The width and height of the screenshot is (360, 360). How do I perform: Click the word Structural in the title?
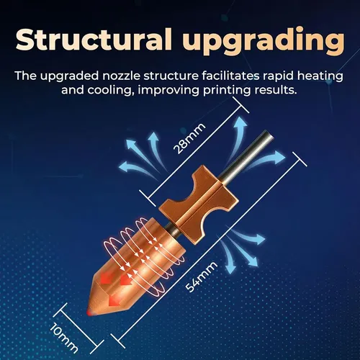point(94,39)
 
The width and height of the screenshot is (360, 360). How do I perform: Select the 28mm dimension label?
point(189,138)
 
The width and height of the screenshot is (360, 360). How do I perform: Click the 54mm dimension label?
point(202,277)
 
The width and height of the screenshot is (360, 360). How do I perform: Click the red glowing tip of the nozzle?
point(89,313)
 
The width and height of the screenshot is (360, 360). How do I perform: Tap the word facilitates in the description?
point(230,76)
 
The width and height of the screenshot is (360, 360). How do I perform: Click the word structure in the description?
point(171,76)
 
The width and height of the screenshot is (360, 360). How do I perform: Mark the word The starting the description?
point(26,76)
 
